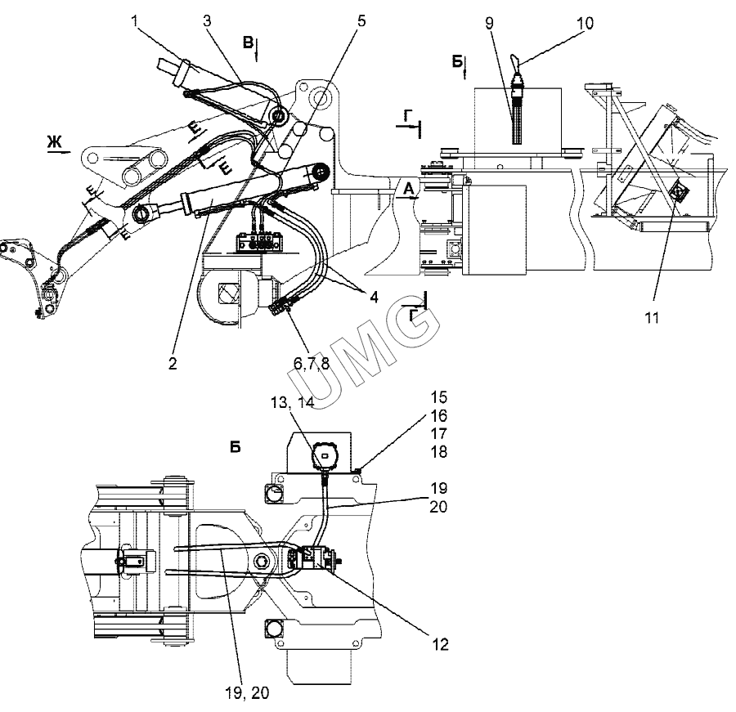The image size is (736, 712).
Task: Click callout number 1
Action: [135, 21]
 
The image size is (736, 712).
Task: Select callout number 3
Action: [207, 21]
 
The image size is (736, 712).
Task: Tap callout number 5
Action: [361, 21]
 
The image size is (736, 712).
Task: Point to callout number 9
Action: [490, 23]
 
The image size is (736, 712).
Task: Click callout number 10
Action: [585, 23]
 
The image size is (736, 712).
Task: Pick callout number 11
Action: [652, 318]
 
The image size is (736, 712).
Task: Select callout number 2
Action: [173, 363]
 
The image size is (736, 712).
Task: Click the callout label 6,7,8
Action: [312, 363]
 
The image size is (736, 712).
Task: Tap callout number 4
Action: [374, 297]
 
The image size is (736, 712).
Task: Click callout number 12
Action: [440, 644]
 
